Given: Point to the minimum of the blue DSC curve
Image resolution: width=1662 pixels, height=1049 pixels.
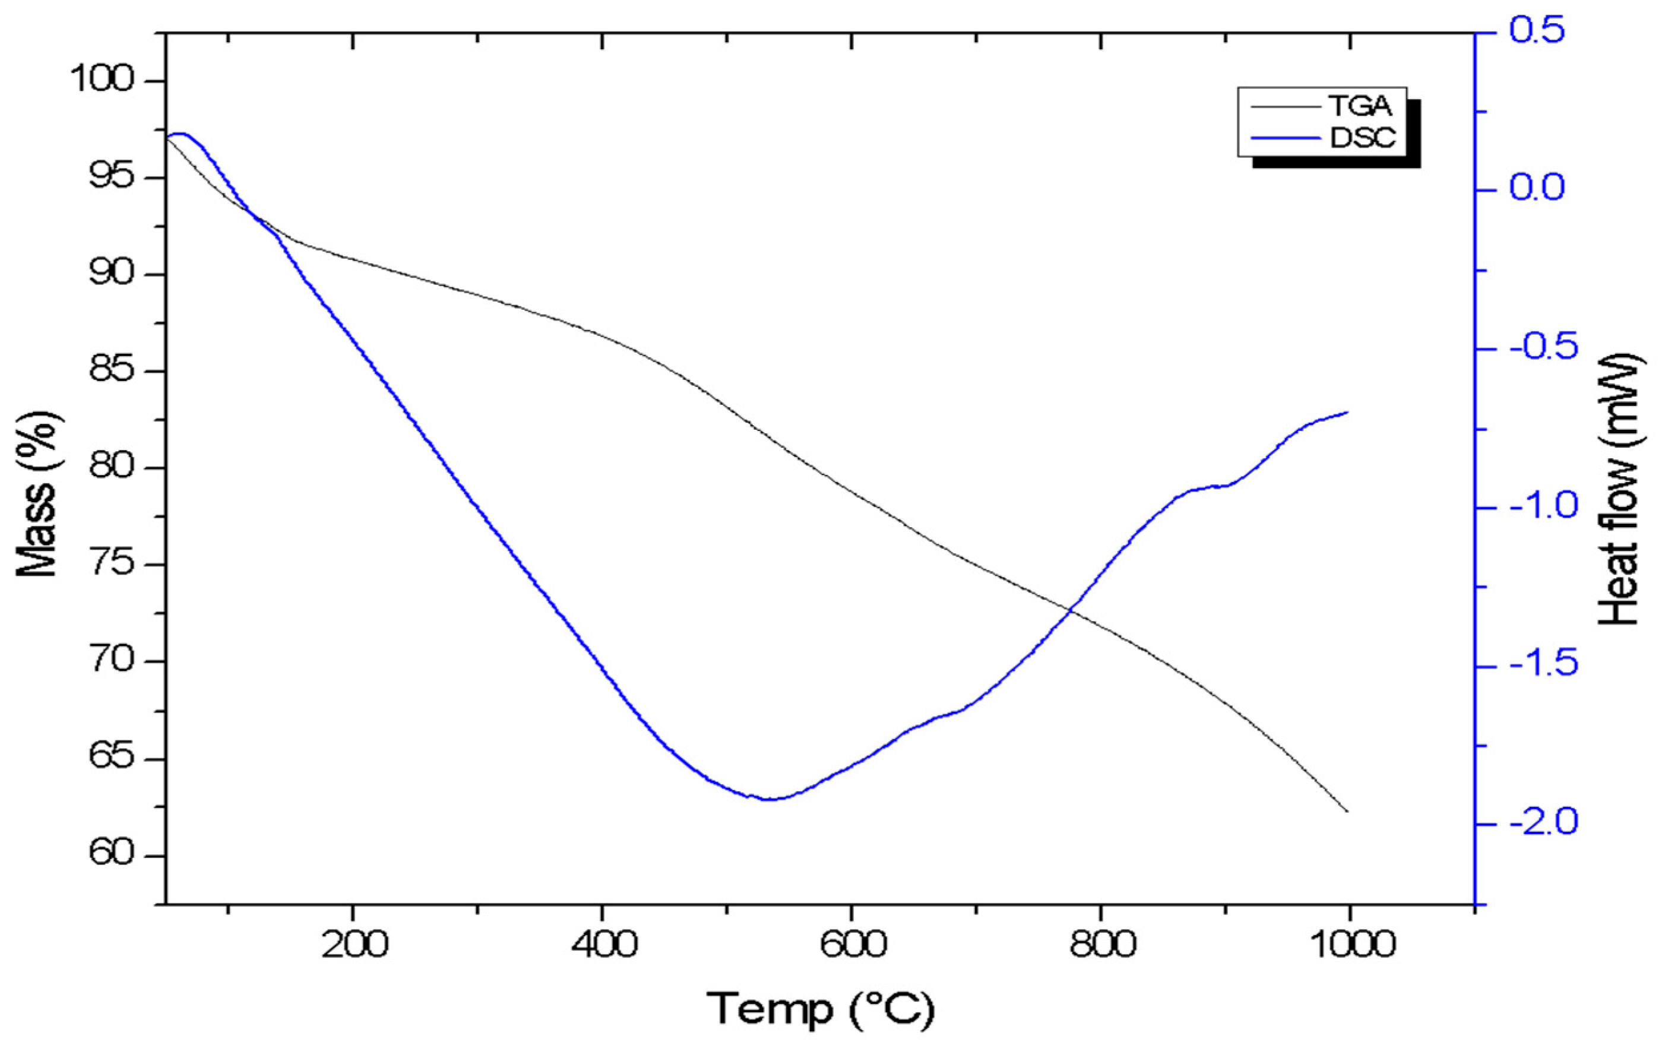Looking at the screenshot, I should click(768, 798).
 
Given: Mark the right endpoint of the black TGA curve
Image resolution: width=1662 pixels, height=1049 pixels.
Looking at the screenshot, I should click(1347, 812).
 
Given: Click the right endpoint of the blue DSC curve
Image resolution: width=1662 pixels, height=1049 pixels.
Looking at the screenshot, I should click(1347, 412).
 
